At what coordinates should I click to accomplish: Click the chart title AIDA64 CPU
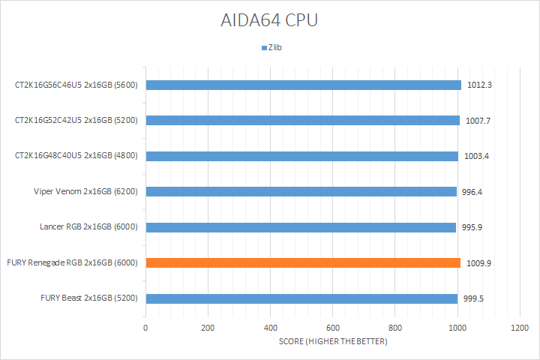tap(270, 20)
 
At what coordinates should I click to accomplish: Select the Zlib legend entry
tap(274, 48)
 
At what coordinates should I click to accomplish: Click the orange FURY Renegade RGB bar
tap(302, 262)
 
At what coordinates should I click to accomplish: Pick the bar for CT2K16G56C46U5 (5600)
tap(303, 85)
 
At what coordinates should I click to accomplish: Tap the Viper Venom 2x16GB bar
tap(301, 191)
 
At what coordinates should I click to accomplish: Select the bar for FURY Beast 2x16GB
tap(301, 298)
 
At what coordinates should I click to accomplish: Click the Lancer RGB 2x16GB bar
tap(301, 227)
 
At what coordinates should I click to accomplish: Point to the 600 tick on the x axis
tap(332, 328)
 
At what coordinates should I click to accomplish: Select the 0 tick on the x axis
tap(145, 328)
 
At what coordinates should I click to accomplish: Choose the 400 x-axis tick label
tap(270, 328)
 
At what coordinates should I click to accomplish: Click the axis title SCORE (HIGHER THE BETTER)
tap(332, 342)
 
